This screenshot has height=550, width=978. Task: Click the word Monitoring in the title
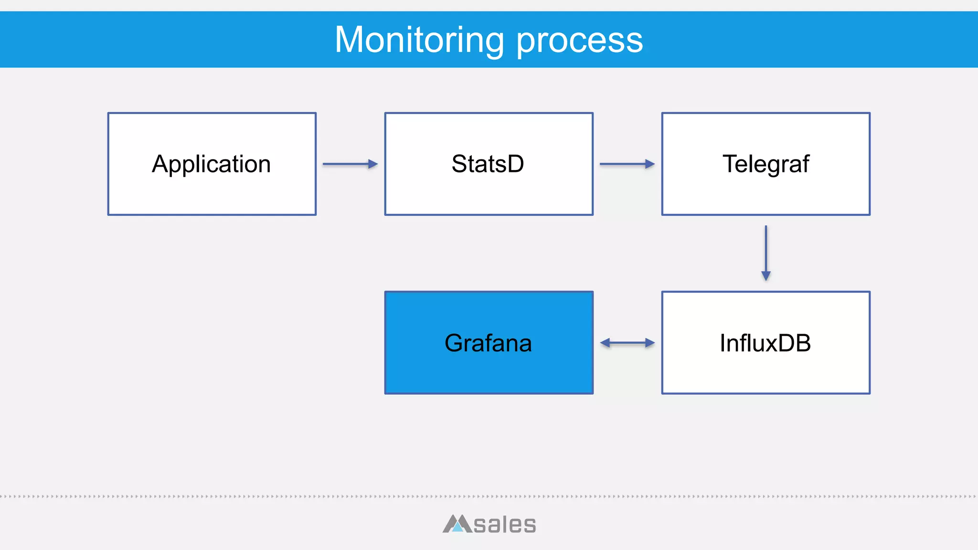419,40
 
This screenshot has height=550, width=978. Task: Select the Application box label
212,165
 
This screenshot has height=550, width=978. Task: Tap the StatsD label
488,164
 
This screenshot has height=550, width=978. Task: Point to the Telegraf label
765,164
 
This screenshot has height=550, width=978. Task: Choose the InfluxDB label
765,343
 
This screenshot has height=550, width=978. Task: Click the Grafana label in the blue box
488,343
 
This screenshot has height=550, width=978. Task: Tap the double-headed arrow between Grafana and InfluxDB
627,343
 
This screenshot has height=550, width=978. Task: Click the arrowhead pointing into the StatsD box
373,164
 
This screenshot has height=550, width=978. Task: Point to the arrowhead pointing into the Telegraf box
650,164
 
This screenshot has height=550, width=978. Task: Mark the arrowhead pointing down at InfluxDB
766,275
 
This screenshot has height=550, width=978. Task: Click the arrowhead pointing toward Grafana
605,343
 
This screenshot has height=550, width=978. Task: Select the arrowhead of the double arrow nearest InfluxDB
649,343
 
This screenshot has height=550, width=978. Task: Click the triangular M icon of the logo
457,524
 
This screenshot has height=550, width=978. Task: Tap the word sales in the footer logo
505,525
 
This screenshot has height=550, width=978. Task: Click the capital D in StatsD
515,164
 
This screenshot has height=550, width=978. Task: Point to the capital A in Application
161,164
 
